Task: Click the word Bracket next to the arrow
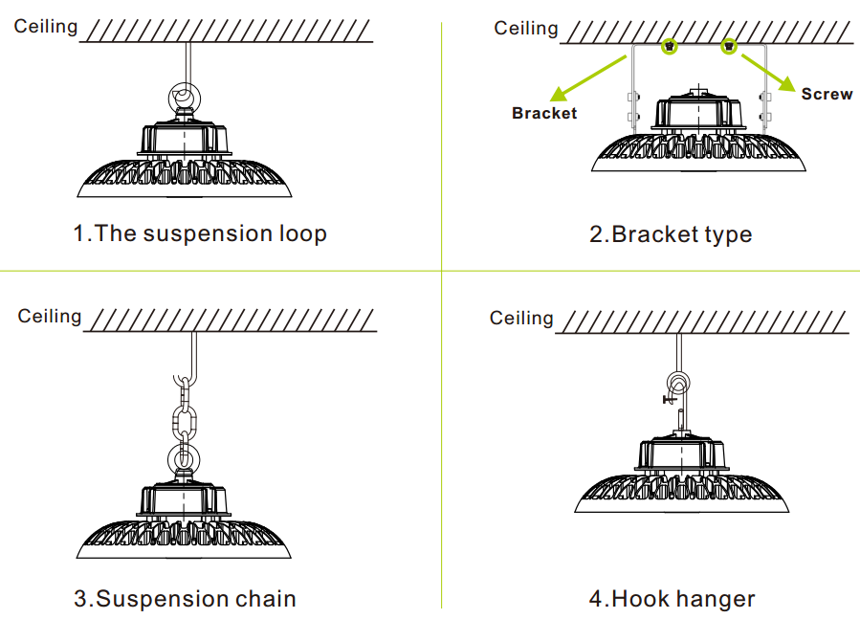[544, 113]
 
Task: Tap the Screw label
[827, 94]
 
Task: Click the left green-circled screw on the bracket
[669, 47]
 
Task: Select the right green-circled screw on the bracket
[728, 47]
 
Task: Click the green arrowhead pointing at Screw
[786, 83]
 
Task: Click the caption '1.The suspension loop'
[200, 233]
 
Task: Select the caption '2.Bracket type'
[671, 234]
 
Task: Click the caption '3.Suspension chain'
[185, 599]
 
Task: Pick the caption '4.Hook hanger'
[672, 599]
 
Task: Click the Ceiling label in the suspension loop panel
[46, 27]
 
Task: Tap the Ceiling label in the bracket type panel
[526, 29]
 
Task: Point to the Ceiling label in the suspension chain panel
[50, 317]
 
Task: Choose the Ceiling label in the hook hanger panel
[521, 319]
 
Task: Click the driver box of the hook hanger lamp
[682, 454]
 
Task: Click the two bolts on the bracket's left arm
[633, 107]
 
